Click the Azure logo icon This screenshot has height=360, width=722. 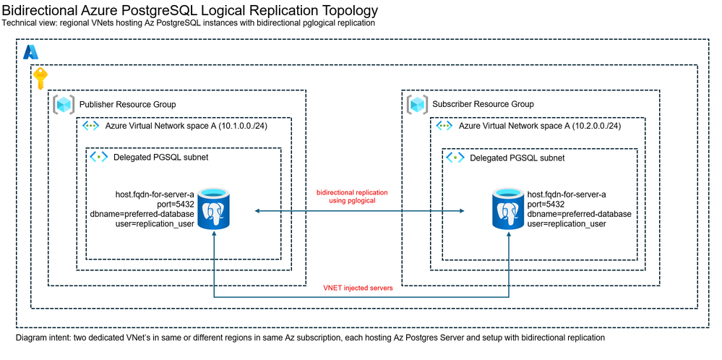point(30,52)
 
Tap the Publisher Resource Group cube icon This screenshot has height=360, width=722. point(65,104)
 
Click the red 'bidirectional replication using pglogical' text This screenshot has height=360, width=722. point(352,197)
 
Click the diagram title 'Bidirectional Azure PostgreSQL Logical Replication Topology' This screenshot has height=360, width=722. point(190,11)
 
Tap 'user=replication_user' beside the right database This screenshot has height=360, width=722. point(567,224)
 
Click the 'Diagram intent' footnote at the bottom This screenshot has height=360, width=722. point(309,338)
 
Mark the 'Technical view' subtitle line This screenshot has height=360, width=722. point(189,23)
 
